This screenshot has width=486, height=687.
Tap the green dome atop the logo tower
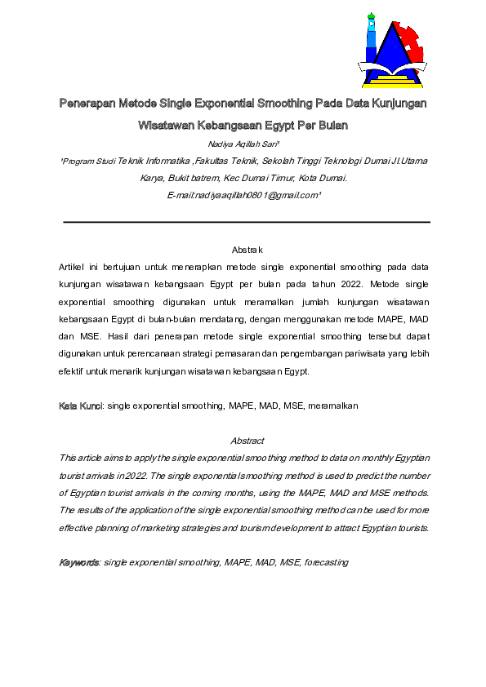(x=372, y=16)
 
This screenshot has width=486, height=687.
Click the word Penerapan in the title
(x=87, y=104)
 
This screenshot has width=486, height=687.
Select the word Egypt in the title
(x=288, y=126)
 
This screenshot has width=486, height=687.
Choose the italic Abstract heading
(x=247, y=441)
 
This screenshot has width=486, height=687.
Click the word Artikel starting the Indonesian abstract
(x=75, y=268)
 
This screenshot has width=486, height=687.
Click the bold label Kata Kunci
(x=81, y=406)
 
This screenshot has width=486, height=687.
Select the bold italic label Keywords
(x=79, y=562)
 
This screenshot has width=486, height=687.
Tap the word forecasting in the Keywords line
(x=326, y=562)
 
